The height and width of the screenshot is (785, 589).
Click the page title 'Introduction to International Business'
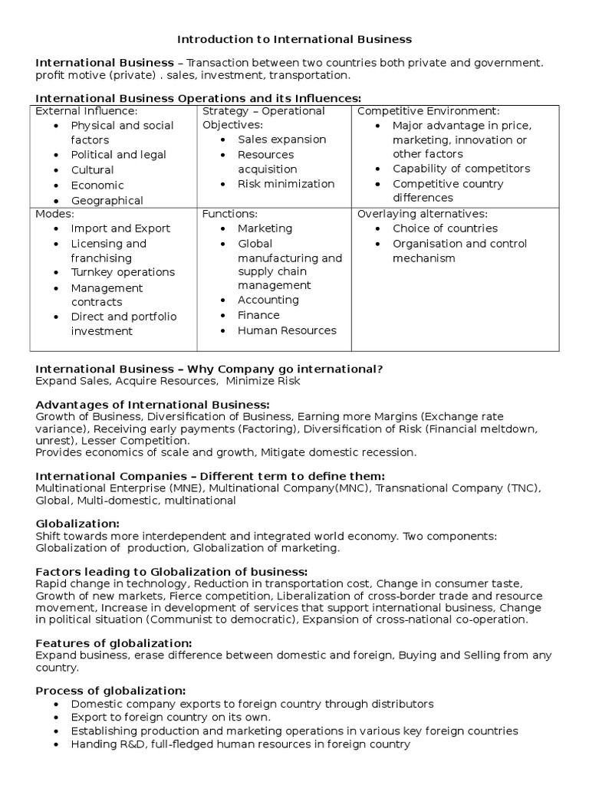[294, 38]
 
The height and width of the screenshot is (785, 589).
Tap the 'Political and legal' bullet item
[118, 155]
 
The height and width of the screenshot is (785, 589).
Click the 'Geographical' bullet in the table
[107, 200]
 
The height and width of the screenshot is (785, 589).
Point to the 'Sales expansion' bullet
[281, 140]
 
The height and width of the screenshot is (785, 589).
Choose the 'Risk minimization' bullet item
[286, 184]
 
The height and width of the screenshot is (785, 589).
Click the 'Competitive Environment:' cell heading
[428, 111]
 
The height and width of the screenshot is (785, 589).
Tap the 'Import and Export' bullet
[120, 228]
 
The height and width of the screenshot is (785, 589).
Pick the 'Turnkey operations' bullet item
[123, 272]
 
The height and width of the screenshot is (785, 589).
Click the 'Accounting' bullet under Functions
[268, 300]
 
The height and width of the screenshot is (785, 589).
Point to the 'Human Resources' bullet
[287, 330]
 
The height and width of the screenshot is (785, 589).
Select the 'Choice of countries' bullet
[445, 228]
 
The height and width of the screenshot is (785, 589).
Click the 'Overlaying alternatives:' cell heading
[423, 214]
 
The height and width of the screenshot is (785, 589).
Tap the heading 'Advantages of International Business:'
[153, 404]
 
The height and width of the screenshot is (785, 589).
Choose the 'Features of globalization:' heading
[114, 642]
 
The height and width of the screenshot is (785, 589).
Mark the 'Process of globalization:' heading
[110, 690]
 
